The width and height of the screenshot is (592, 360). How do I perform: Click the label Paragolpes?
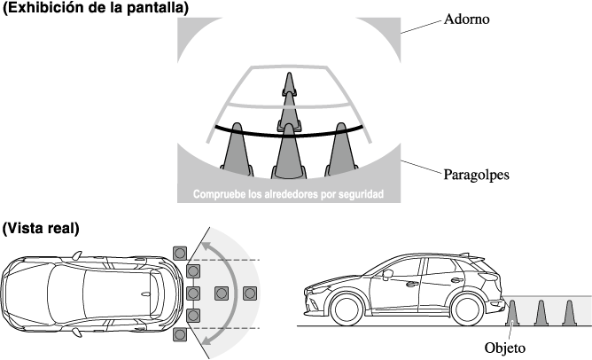(478, 175)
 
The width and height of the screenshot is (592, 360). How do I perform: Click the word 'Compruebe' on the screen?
(221, 192)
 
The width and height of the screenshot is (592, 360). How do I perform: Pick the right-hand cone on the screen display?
(342, 151)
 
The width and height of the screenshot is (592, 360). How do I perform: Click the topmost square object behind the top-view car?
(181, 253)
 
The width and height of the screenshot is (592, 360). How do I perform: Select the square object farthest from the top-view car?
(250, 293)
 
